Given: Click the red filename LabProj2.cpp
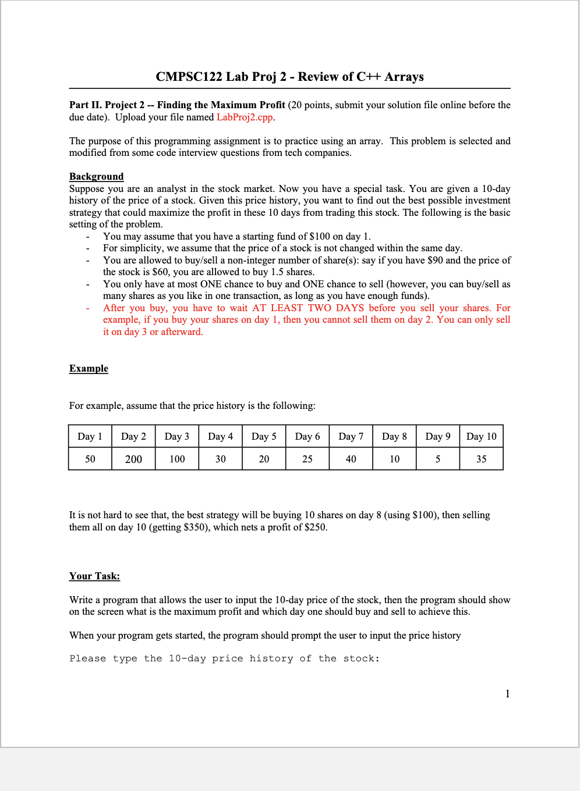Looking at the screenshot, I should [245, 117].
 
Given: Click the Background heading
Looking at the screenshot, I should [96, 176].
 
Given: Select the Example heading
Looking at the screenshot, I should [89, 368].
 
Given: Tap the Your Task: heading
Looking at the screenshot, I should [94, 576].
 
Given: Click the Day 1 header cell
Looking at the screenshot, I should [90, 436].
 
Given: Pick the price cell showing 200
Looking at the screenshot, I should [133, 459].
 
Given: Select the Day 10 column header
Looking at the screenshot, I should [481, 436].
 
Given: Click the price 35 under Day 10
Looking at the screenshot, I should [481, 459].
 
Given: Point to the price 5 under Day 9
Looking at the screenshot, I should [438, 459].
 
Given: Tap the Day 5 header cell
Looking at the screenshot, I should [264, 436].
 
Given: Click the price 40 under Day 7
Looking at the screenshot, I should [351, 459].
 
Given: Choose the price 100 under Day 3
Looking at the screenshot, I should [177, 459].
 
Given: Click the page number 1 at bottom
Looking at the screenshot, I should [507, 693].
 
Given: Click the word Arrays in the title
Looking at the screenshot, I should [404, 77].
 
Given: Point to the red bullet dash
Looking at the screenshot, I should [88, 308].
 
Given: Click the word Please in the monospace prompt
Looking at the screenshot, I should [87, 658].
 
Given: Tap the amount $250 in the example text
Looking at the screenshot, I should [314, 527].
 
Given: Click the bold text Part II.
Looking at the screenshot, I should [85, 105].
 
